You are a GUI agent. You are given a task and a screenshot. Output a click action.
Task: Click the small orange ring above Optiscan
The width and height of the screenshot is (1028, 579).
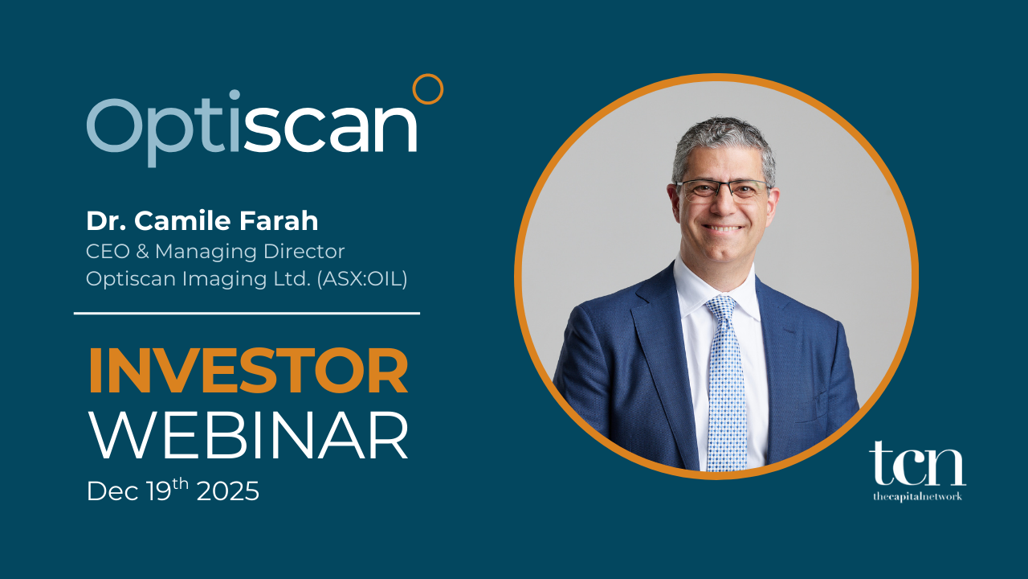pyautogui.click(x=427, y=89)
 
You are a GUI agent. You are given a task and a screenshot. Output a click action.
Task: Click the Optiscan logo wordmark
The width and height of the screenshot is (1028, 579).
pyautogui.click(x=252, y=129)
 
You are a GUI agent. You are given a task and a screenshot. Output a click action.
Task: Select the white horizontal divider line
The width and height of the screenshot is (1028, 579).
pyautogui.click(x=247, y=314)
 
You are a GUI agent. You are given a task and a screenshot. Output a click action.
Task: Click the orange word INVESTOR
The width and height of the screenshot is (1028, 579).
pyautogui.click(x=247, y=372)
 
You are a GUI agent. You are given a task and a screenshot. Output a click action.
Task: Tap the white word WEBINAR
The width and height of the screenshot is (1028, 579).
pyautogui.click(x=247, y=437)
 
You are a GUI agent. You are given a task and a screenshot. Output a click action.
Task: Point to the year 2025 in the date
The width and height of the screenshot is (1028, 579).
pyautogui.click(x=228, y=491)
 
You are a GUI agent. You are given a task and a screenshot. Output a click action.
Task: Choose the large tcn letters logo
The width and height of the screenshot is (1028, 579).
pyautogui.click(x=917, y=464)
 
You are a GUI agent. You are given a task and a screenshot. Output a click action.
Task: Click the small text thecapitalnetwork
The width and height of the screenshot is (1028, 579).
pyautogui.click(x=917, y=497)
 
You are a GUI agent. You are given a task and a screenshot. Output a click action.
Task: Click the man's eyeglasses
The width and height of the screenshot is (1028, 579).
pyautogui.click(x=722, y=191)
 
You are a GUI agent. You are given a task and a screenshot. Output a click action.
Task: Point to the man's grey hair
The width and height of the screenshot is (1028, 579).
pyautogui.click(x=723, y=137)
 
